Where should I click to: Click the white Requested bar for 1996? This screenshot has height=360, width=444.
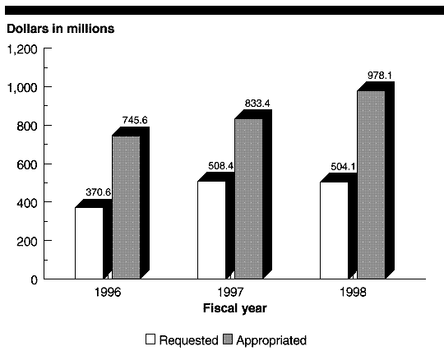(x=89, y=243)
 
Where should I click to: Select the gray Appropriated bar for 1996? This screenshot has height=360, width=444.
(x=127, y=207)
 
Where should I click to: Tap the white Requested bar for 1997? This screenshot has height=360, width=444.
(x=211, y=230)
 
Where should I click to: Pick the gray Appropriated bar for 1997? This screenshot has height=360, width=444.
(x=248, y=199)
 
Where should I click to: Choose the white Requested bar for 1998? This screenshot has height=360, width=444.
(x=334, y=230)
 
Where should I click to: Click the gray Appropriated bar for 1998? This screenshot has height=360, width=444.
(x=371, y=185)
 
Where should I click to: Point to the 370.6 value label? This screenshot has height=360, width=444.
(x=99, y=192)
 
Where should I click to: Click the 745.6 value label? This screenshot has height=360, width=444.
(x=135, y=120)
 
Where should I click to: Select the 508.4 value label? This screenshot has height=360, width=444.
(x=221, y=166)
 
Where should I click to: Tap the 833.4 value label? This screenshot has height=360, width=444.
(x=257, y=104)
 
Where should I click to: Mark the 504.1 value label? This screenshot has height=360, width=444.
(x=343, y=167)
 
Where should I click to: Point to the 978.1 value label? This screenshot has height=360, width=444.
(x=380, y=76)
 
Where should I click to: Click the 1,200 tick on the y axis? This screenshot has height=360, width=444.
(x=22, y=50)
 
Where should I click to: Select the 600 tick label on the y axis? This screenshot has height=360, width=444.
(x=27, y=165)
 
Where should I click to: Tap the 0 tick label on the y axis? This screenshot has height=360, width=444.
(x=34, y=280)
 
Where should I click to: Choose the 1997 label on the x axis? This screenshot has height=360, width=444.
(x=230, y=292)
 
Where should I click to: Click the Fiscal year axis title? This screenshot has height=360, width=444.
(x=235, y=308)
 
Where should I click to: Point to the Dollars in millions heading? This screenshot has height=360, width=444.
(x=61, y=29)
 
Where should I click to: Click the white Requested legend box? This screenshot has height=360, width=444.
(x=150, y=339)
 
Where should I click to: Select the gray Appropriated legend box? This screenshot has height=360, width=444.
(x=228, y=339)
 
